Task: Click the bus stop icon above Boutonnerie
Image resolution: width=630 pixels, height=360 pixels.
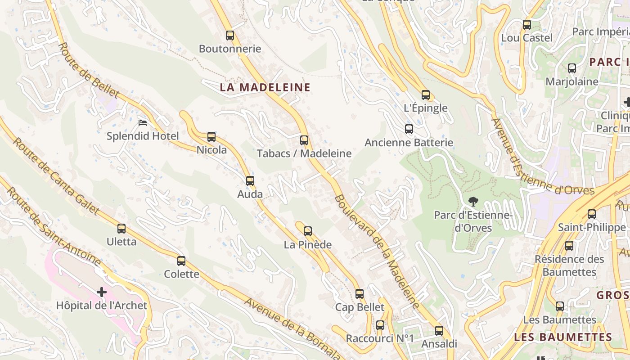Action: [230, 36]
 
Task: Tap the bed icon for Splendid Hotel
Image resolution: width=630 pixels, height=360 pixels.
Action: [143, 122]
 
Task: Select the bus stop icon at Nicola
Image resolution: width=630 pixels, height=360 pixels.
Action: [211, 137]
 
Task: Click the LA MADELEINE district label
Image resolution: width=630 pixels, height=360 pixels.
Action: [265, 87]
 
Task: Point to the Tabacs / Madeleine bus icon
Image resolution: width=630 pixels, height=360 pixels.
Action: [304, 140]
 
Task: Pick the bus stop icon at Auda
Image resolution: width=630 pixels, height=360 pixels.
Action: [250, 181]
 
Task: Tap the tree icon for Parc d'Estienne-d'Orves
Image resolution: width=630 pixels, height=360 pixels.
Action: [473, 202]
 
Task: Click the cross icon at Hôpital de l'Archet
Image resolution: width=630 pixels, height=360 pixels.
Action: [102, 292]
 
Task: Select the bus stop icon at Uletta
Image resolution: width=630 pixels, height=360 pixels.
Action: [121, 229]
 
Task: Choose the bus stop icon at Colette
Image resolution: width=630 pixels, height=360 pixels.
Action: [181, 261]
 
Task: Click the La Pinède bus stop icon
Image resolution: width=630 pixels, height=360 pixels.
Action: [308, 231]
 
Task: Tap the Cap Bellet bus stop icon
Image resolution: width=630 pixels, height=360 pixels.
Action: [360, 294]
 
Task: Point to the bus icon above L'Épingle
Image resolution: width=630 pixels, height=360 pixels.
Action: [426, 95]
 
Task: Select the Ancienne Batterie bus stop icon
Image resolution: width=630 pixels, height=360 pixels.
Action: [409, 129]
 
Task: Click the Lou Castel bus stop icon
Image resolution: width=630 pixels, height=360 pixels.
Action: [527, 25]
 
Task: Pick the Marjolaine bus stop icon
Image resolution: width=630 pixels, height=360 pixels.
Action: [572, 68]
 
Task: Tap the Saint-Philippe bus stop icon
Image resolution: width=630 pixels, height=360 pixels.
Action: [592, 214]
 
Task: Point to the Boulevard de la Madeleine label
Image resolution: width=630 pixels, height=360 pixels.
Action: [378, 252]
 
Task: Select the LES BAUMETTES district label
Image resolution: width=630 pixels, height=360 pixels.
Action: [563, 337]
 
